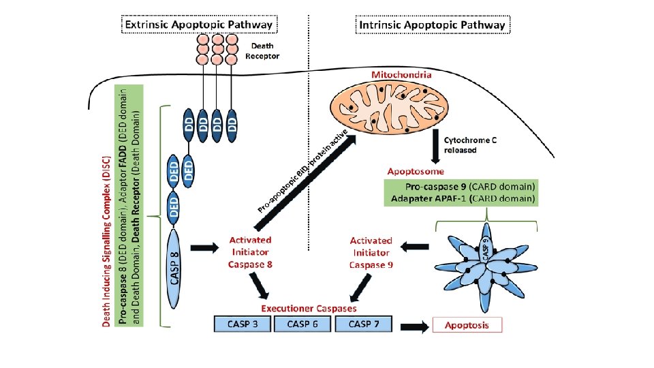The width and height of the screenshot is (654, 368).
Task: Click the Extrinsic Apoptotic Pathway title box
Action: pos(197,25)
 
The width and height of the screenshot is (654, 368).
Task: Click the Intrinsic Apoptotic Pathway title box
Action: pos(433,25)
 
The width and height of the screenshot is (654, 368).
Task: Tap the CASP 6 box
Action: pos(302,324)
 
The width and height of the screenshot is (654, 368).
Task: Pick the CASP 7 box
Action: pos(364,324)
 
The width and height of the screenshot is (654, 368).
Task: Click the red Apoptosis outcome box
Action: pos(467,325)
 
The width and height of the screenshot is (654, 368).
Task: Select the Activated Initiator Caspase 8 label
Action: pos(250,252)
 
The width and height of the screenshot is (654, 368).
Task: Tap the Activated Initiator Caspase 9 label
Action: pos(371,252)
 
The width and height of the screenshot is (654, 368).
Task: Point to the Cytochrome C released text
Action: pos(471,144)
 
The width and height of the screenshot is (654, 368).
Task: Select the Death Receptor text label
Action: pos(262,51)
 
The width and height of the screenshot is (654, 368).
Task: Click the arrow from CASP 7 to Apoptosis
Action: pos(413,326)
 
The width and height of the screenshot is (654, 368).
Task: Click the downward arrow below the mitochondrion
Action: pos(434,144)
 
